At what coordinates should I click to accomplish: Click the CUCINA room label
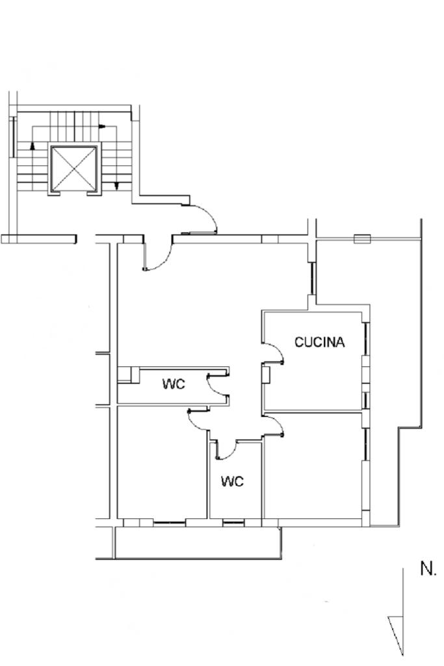point(320,342)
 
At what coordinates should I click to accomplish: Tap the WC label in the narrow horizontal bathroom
point(174,384)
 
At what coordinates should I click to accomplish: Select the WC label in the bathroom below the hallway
point(232,481)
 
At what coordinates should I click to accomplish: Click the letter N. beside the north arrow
point(428,569)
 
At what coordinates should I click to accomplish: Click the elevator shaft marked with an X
point(74,169)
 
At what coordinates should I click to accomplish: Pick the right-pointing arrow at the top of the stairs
point(102,127)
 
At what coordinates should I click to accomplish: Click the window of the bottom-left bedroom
point(169,522)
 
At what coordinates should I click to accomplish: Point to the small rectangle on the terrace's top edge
point(362,239)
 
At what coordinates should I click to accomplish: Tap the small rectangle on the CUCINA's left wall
point(266,375)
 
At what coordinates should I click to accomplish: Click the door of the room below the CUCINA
point(274,425)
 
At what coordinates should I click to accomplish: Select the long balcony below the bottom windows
point(198,542)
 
